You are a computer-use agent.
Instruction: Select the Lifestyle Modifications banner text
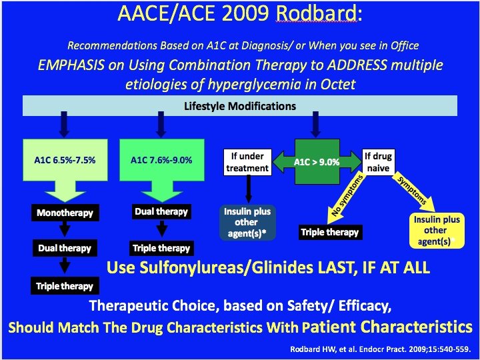[x=240, y=107]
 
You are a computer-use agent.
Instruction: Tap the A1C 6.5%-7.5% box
[x=65, y=161]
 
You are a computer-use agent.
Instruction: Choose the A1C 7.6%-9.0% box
[x=161, y=161]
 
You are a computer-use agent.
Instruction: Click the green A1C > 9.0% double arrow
[x=317, y=161]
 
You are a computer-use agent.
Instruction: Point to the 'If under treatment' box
[x=247, y=161]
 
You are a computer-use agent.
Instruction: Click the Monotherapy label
[x=65, y=213]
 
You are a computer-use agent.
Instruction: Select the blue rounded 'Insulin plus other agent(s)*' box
[x=247, y=221]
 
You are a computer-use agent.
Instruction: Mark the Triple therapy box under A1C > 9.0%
[x=330, y=232]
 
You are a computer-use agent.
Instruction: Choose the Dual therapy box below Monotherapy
[x=65, y=248]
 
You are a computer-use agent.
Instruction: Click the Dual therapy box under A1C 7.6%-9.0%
[x=161, y=212]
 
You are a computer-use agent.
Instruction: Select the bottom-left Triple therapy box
[x=65, y=286]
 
